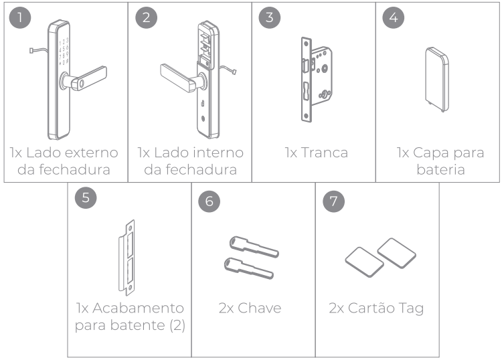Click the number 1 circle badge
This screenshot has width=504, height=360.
(20, 17)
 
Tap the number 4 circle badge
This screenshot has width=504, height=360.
(393, 17)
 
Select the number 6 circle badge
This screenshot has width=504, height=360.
(209, 201)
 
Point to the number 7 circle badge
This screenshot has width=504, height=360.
(333, 201)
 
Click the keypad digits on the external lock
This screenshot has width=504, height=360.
(64, 52)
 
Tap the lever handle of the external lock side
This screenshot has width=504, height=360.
(84, 79)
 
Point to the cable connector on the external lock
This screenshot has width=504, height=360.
(31, 50)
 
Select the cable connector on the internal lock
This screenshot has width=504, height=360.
(234, 72)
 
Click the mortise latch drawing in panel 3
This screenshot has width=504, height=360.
(316, 80)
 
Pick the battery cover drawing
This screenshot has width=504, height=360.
(437, 80)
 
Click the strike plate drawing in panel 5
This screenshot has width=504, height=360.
(127, 258)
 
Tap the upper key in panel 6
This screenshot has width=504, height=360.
(254, 247)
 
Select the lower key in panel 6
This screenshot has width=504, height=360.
(249, 268)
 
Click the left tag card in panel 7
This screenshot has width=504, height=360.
(365, 262)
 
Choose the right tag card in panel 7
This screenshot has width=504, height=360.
(397, 253)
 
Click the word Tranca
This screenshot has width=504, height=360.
(325, 153)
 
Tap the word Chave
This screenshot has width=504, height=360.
(260, 308)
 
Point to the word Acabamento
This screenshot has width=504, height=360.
(138, 308)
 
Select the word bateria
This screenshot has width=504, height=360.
(440, 169)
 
